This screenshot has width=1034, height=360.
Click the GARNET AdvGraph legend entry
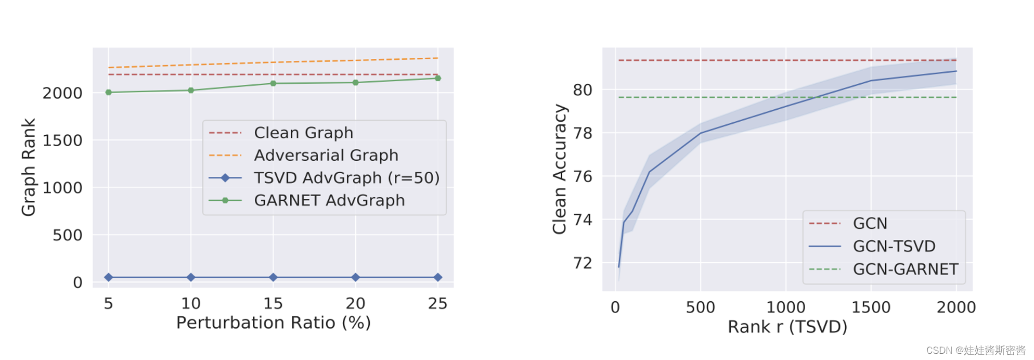coord(329,200)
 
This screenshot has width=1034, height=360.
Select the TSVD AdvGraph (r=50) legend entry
coord(346,178)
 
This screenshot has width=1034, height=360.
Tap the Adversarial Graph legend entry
coord(326,155)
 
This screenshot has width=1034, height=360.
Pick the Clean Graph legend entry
coord(303,133)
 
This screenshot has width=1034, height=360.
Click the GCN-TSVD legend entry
coord(894,246)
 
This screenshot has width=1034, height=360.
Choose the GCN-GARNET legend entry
coord(905,269)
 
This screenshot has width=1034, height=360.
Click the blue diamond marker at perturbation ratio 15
coord(273,277)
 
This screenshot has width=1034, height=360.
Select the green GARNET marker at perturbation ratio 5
coord(109,93)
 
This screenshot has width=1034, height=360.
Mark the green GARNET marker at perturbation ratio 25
coord(438,79)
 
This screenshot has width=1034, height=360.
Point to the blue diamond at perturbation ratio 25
coord(438,277)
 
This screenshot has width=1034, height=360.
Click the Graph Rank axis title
coord(29,166)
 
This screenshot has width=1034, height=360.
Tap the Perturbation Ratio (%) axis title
coord(274,323)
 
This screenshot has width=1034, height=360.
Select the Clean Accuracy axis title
coord(560,169)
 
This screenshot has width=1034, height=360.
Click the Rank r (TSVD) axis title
coord(787,327)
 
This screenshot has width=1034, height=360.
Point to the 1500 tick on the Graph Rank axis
coord(62,140)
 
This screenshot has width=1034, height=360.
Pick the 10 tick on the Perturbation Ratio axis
coord(191,303)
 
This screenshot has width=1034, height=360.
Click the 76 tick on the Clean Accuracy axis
coord(583,176)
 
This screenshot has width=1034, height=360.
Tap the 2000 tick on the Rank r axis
coord(956,307)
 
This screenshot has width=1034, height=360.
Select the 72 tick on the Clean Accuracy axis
coord(583,263)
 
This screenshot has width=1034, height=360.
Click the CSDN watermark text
coord(976,350)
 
